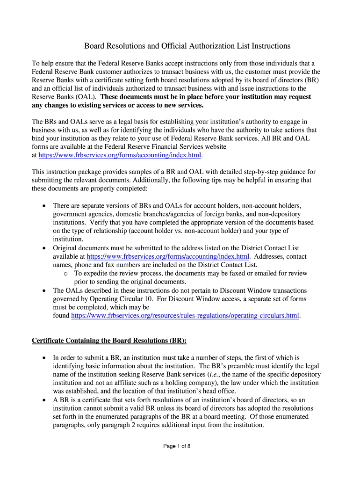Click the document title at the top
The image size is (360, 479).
(187, 46)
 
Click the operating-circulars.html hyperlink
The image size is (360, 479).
(185, 316)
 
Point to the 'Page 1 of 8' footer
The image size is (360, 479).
(177, 446)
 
